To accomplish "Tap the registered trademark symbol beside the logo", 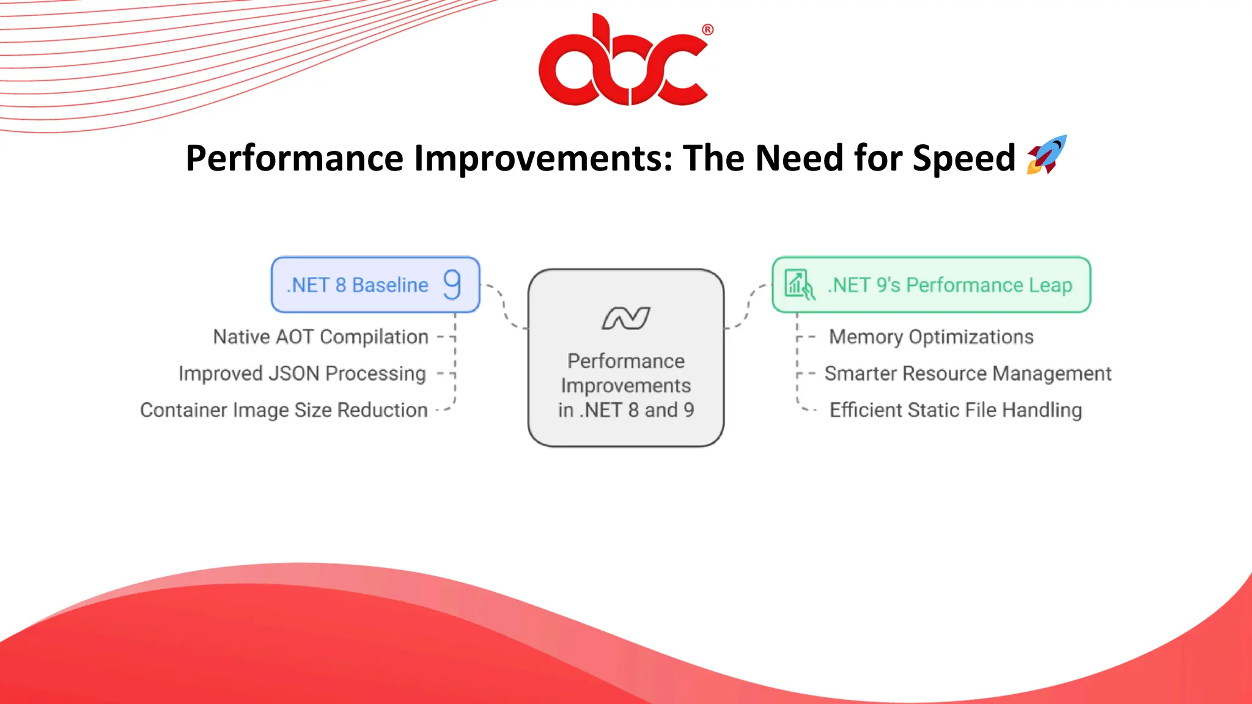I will pyautogui.click(x=707, y=29).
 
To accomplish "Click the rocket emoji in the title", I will pyautogui.click(x=1047, y=155).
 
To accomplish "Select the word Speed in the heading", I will pyautogui.click(x=963, y=158).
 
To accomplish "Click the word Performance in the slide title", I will pyautogui.click(x=295, y=158).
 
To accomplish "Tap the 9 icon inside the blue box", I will pyautogui.click(x=452, y=285).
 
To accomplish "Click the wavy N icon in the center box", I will pyautogui.click(x=626, y=318).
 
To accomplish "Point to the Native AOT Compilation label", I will pyautogui.click(x=320, y=337).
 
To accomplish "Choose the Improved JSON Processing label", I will pyautogui.click(x=302, y=373).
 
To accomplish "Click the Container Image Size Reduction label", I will pyautogui.click(x=284, y=410).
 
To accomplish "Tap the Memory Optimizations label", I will pyautogui.click(x=931, y=337).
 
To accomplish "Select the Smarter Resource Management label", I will pyautogui.click(x=968, y=373).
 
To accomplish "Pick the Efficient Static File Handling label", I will pyautogui.click(x=956, y=410).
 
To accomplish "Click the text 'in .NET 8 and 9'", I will pyautogui.click(x=626, y=410).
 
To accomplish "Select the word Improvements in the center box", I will pyautogui.click(x=626, y=386).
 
